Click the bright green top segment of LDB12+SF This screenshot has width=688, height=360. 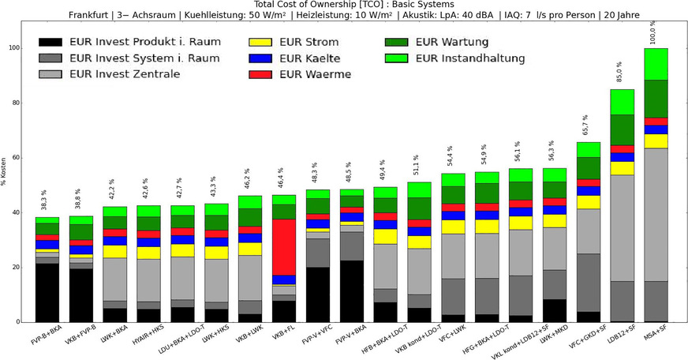click(622, 102)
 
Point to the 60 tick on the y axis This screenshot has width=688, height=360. click(15, 158)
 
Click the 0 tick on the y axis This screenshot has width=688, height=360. click(17, 322)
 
